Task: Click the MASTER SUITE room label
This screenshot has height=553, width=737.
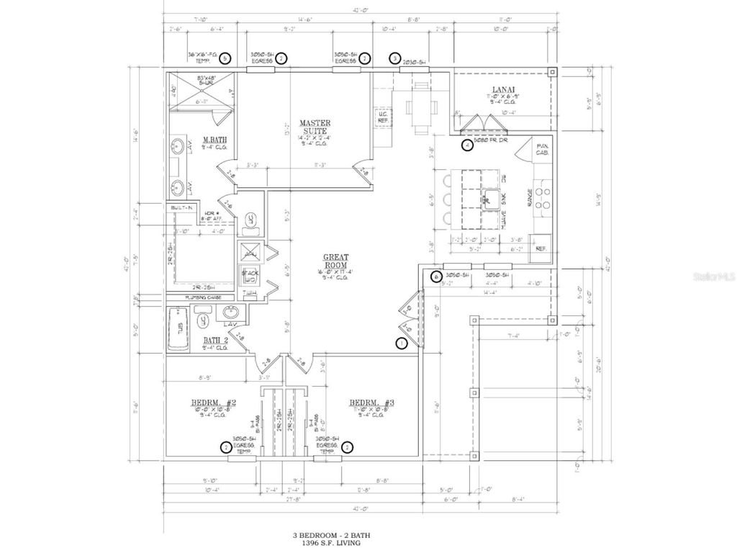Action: (x=315, y=127)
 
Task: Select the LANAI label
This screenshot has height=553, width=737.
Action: (x=500, y=91)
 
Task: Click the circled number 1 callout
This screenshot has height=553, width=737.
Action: (x=402, y=343)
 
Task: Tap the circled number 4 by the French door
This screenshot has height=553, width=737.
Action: (x=467, y=145)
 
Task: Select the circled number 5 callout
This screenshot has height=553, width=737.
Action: (x=226, y=58)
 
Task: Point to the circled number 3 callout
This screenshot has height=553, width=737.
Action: (x=394, y=58)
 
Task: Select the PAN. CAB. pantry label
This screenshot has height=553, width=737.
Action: (x=541, y=149)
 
